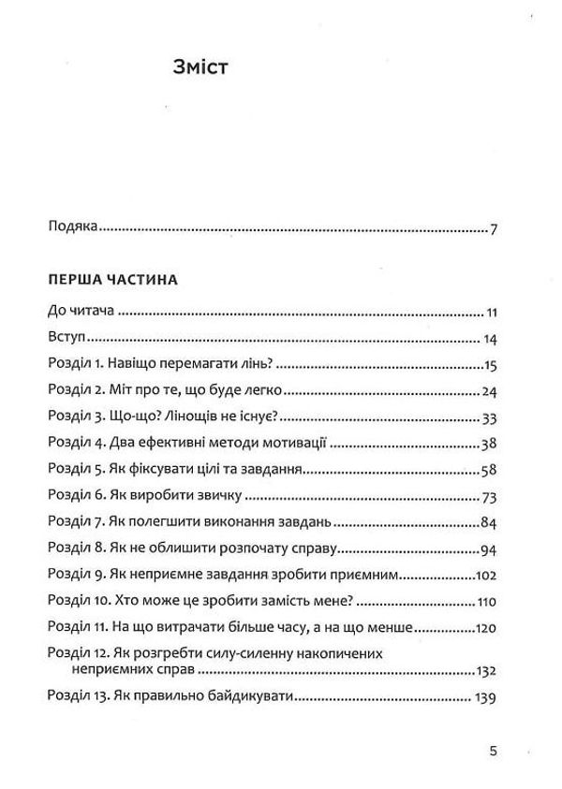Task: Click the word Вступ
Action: (x=65, y=339)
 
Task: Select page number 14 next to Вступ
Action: (x=489, y=340)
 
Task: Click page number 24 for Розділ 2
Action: (x=488, y=390)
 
